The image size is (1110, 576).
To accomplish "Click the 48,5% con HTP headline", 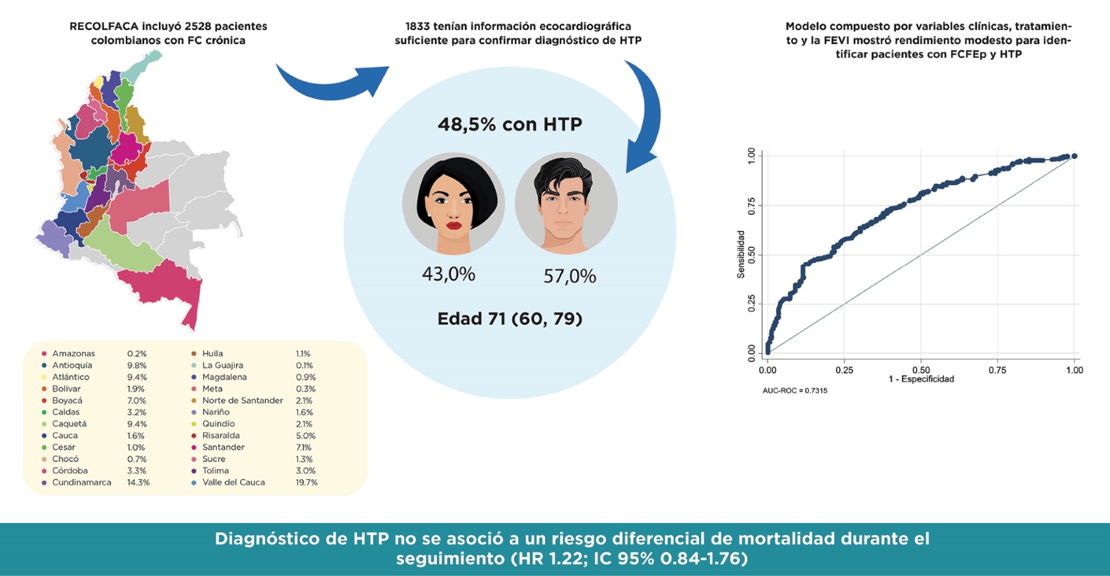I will coord(510,124).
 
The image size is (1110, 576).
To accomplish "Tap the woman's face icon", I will coord(453,203).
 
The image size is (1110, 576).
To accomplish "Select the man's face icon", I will coord(565,203).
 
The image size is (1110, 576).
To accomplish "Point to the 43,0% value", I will coord(448,274).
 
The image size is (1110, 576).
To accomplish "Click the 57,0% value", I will coord(569,276).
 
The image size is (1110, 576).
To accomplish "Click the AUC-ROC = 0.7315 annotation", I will coord(795,391).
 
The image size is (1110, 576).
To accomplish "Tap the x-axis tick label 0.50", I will coord(921,370).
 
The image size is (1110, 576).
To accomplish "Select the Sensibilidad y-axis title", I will coord(741,254).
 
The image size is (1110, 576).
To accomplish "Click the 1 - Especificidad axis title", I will coord(921,379).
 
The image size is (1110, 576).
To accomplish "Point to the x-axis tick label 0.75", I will coord(997,370).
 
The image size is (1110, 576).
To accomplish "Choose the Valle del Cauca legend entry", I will coord(233,482).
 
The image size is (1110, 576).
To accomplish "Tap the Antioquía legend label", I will coord(72,365).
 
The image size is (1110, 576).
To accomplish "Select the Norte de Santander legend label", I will coord(242,400).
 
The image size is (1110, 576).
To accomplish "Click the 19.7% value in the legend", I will coord(306,482).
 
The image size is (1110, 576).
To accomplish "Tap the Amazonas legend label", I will coord(73,354).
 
